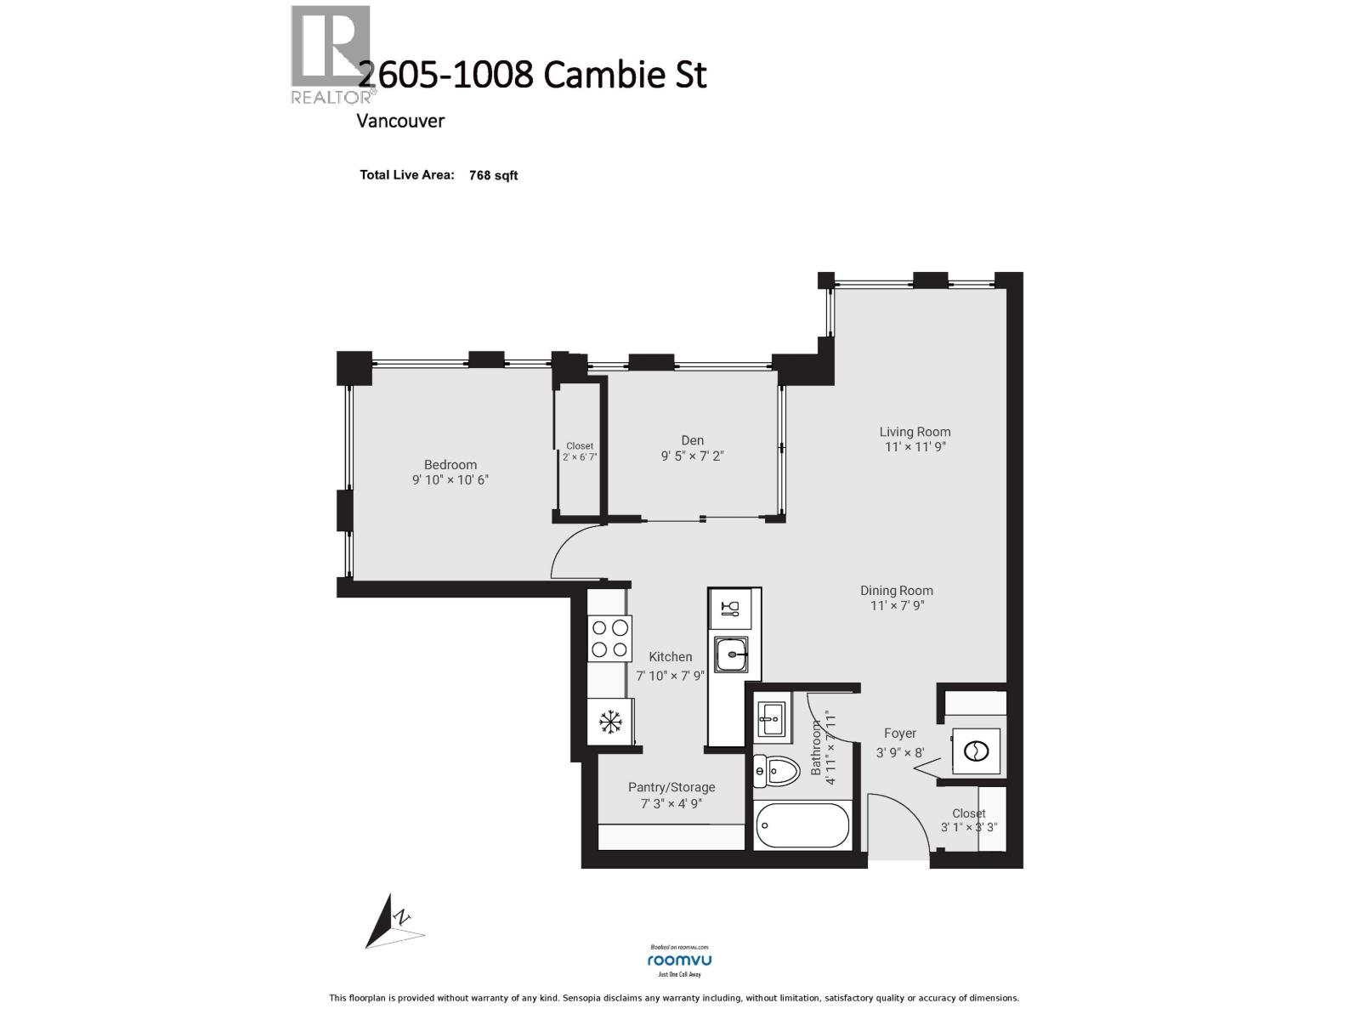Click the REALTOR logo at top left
coord(330,53)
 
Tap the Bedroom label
coord(450,465)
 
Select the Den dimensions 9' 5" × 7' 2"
coord(692,456)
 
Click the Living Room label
coord(915,432)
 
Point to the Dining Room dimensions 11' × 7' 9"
coord(896,606)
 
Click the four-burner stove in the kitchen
coord(609,638)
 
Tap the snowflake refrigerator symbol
coord(610,722)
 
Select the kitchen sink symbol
coord(732,654)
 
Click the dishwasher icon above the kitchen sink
coord(730,608)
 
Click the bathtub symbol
coord(802,825)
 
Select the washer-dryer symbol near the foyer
coord(975,751)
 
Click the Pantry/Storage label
coord(671,788)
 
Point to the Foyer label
coord(899,734)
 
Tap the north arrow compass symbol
coord(394,922)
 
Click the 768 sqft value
coord(493,176)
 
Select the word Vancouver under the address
coord(399,121)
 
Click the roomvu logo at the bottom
coord(679,960)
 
